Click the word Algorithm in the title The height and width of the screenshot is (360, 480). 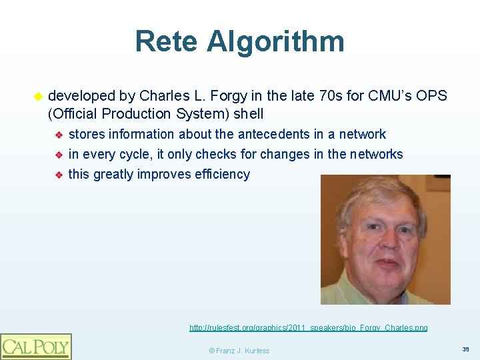click(x=275, y=41)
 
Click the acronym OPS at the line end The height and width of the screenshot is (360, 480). click(x=431, y=96)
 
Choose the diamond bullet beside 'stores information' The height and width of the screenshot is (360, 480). click(x=59, y=135)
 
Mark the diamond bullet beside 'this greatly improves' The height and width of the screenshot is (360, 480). click(x=59, y=175)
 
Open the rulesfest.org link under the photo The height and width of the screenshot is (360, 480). click(x=309, y=328)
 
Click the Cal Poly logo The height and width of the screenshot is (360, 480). click(x=36, y=346)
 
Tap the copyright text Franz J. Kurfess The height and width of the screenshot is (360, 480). click(x=239, y=351)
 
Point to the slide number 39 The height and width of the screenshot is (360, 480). click(x=465, y=349)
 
